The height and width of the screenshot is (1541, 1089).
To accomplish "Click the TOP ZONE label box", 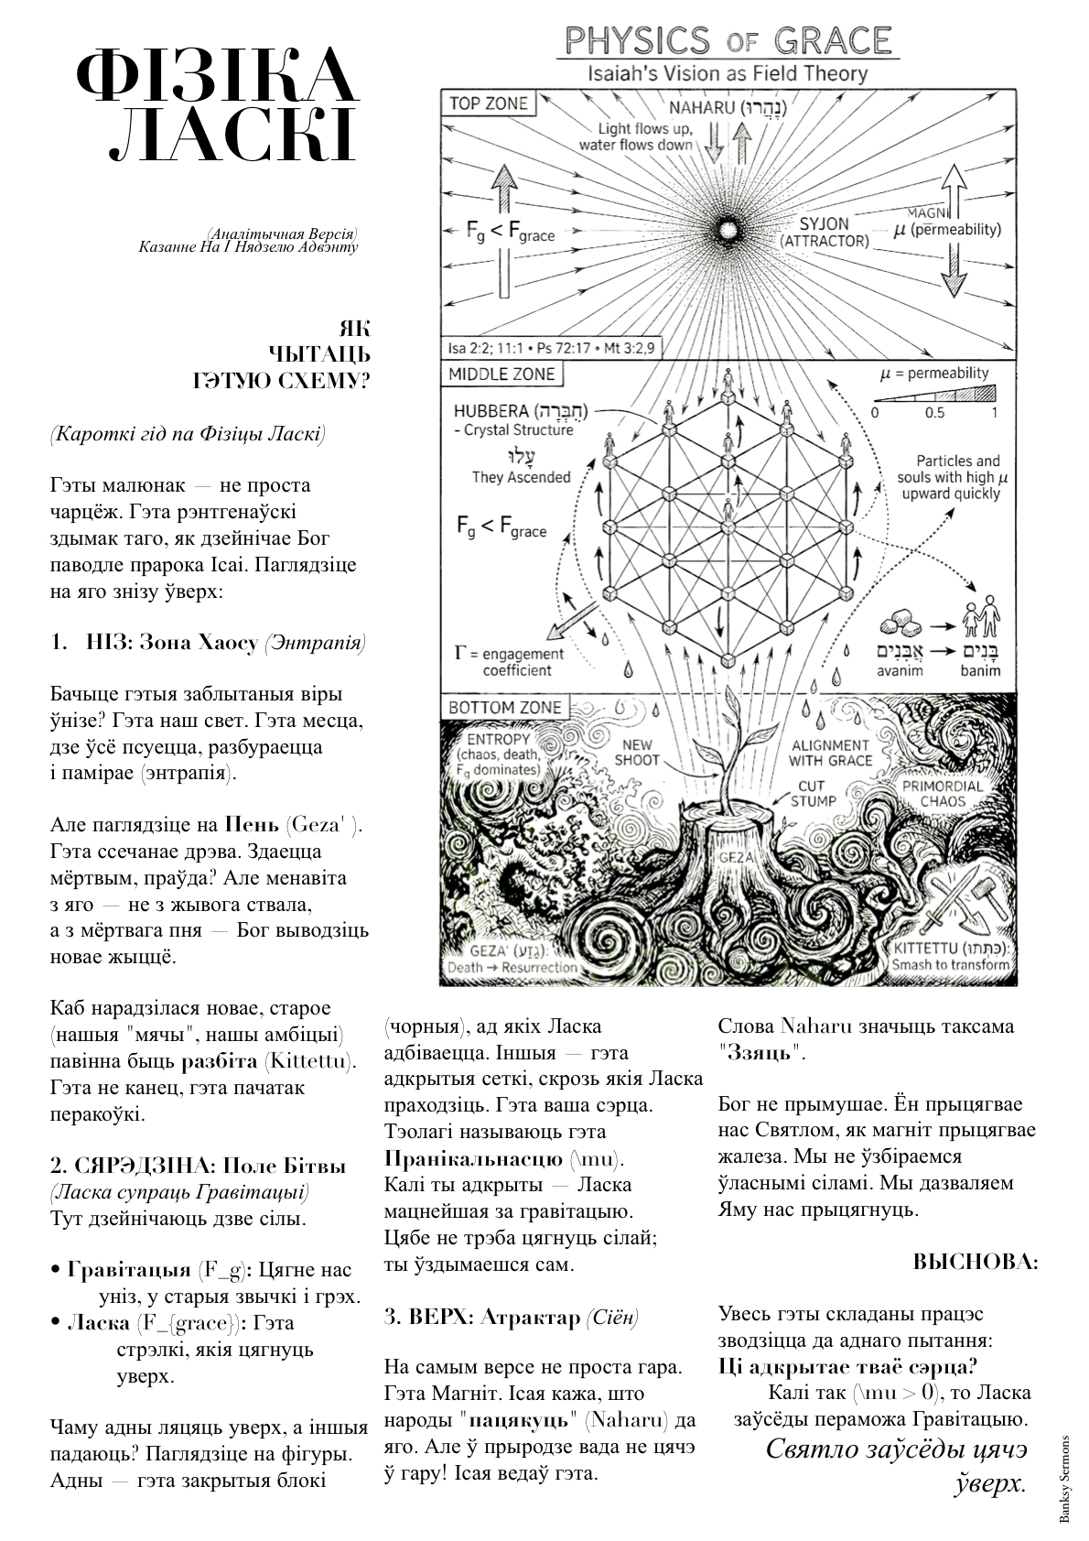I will click(x=489, y=103).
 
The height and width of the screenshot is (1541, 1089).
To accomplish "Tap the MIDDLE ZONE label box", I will click(x=501, y=374).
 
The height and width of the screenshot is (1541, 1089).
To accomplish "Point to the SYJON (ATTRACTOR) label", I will click(x=824, y=232).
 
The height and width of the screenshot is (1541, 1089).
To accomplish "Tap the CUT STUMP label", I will click(x=811, y=793).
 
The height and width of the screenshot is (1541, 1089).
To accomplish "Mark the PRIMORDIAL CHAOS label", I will click(x=943, y=793).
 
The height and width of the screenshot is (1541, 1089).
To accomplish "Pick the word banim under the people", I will click(x=980, y=671).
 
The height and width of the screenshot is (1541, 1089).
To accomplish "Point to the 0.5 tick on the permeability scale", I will click(x=934, y=413).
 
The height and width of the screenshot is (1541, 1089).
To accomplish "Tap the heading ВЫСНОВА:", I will click(x=976, y=1262).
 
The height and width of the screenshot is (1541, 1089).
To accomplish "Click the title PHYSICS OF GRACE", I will click(x=728, y=41).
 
